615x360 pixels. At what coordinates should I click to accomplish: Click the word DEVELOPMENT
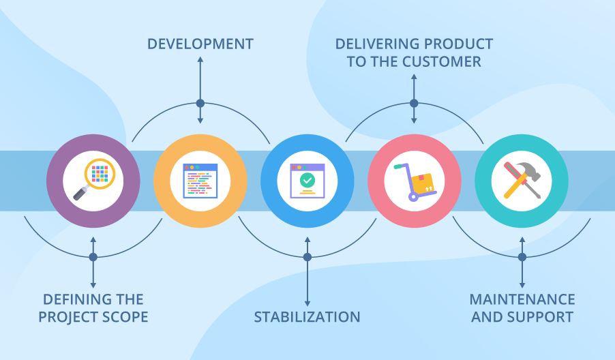coord(200,44)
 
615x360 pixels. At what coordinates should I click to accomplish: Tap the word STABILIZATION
coord(307,317)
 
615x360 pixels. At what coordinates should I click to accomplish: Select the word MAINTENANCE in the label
coord(522,299)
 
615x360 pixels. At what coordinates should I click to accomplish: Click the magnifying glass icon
coord(100,173)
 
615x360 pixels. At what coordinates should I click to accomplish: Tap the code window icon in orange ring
coord(200,181)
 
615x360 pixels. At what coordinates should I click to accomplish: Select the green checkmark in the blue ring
coord(307,180)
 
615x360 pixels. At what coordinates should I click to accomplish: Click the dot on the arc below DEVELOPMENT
coord(200,104)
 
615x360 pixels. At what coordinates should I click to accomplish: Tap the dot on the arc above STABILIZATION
coord(307,257)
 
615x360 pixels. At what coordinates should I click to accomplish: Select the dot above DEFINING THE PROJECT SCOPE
coord(93,257)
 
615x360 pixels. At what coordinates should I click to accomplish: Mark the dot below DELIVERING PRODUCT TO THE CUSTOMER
coord(413,104)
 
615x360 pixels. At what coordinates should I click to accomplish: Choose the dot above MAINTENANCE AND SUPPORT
coord(522,257)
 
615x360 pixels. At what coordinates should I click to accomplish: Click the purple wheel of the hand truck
coord(413,196)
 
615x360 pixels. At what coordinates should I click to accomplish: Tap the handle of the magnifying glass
coord(80,193)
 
